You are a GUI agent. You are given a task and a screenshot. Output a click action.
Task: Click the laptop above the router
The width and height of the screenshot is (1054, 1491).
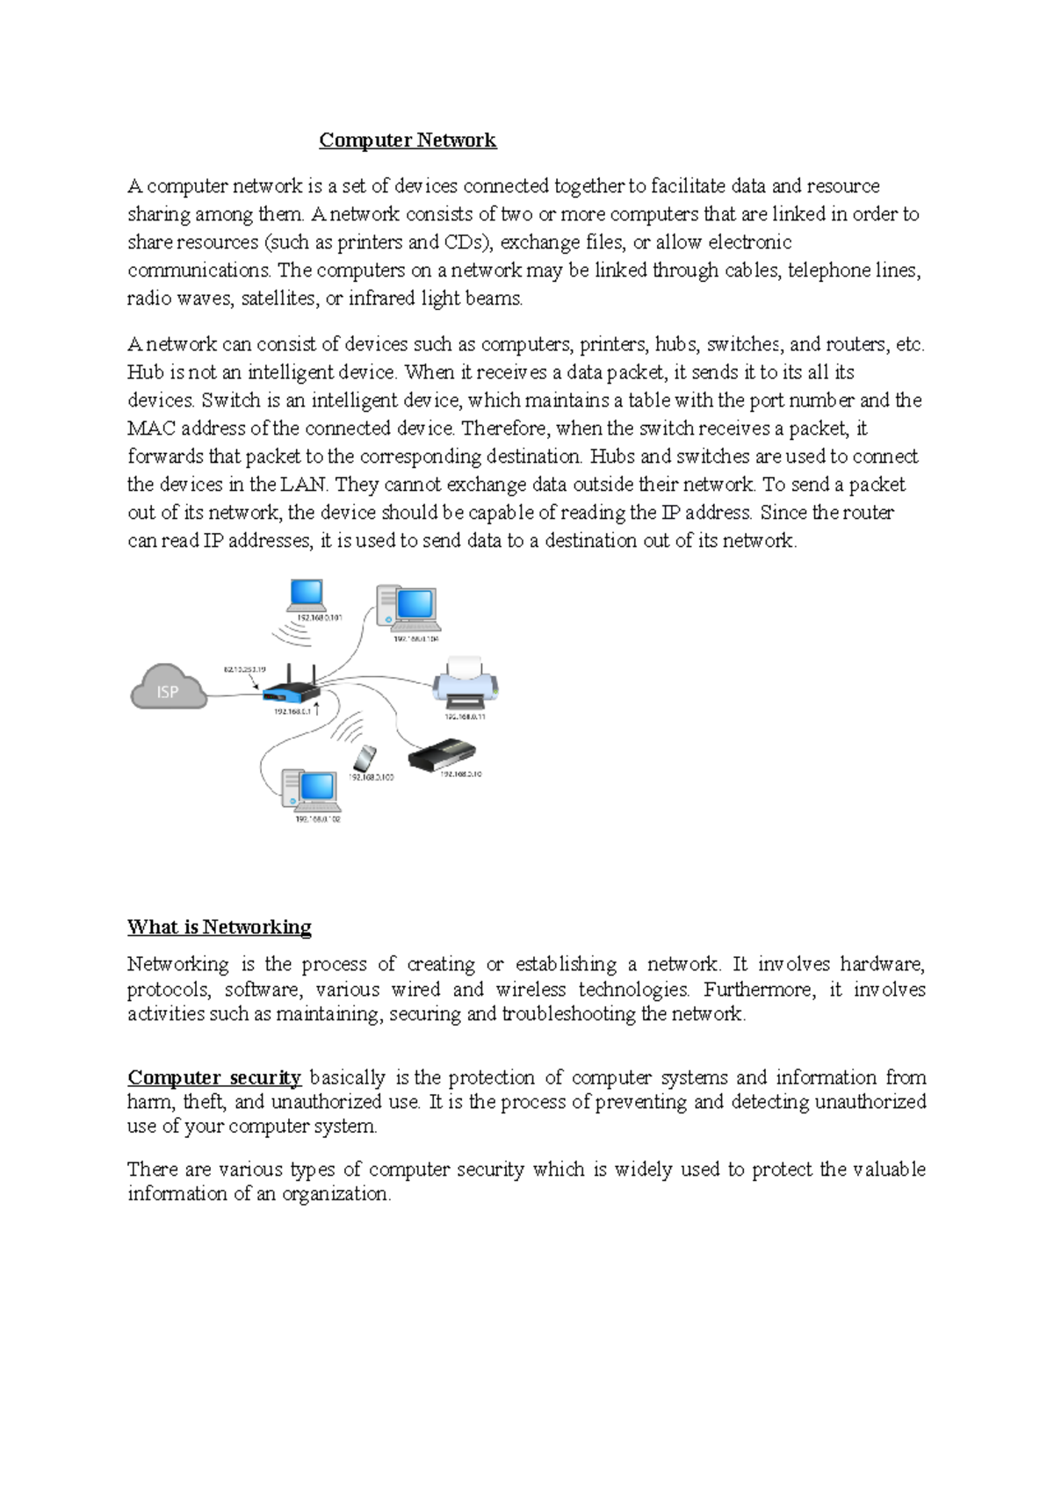tap(307, 595)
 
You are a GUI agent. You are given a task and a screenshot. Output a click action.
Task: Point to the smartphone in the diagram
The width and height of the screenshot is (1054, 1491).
tap(365, 758)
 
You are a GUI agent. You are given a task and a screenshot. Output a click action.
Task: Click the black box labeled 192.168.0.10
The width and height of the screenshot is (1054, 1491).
tap(443, 755)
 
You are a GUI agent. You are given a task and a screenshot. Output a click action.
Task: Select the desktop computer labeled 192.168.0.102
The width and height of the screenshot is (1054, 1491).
tap(310, 789)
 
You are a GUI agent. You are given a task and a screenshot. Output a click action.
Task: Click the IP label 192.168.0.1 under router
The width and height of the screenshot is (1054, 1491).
tap(292, 712)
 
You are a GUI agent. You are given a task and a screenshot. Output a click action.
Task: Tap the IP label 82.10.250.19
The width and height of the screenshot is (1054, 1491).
tap(244, 669)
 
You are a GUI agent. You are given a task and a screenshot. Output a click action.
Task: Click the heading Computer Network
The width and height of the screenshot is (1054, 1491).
tap(408, 140)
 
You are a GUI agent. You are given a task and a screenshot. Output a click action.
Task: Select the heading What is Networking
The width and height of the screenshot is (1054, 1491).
tap(220, 927)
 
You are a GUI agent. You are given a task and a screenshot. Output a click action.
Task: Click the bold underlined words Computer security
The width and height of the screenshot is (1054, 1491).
tap(214, 1077)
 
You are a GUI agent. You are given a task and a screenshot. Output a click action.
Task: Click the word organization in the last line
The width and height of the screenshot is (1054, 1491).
tap(336, 1194)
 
